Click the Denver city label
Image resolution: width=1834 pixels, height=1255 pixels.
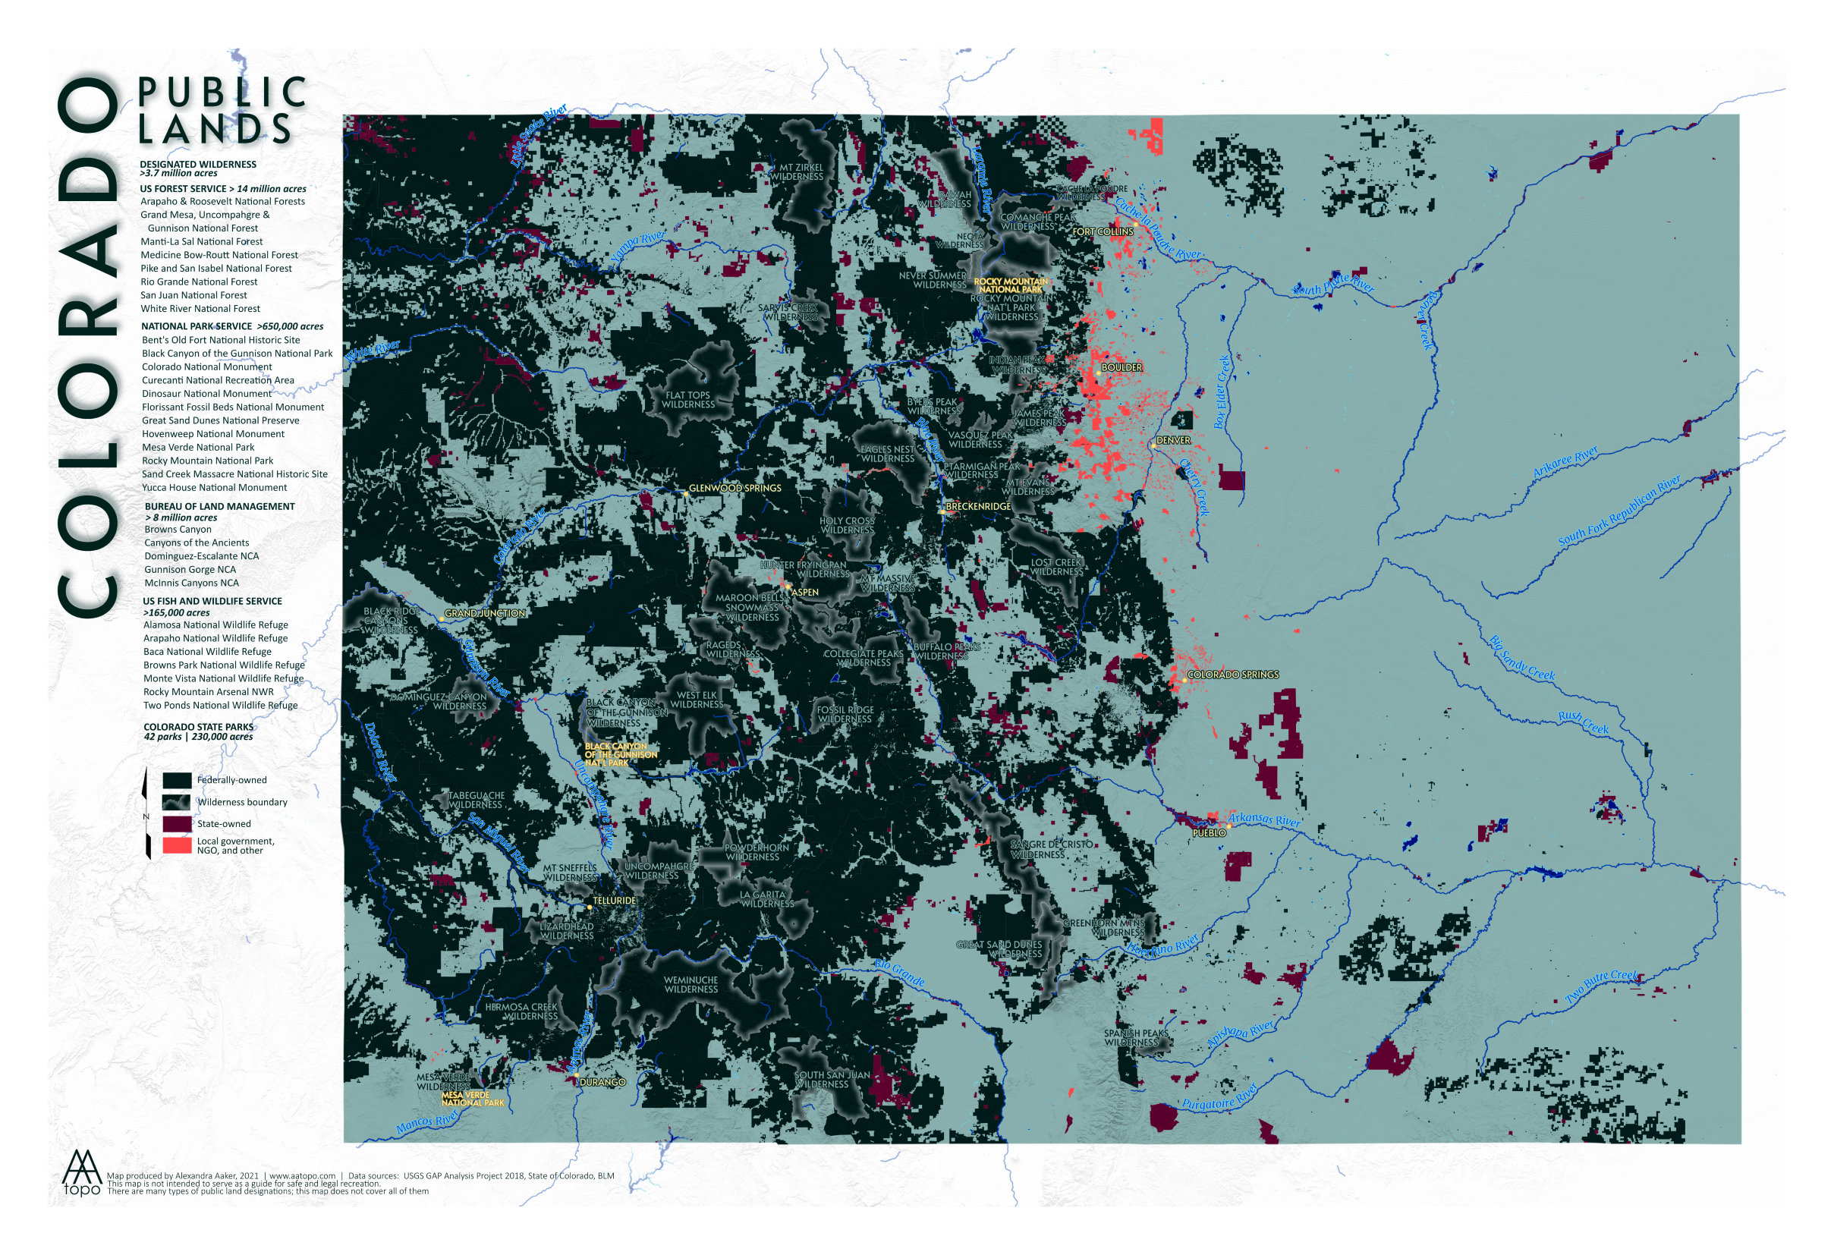tap(1172, 440)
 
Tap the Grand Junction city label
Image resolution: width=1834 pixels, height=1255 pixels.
tap(485, 613)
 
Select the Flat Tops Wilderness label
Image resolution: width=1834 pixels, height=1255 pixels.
tap(688, 400)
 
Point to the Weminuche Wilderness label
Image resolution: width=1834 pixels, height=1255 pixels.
tap(691, 984)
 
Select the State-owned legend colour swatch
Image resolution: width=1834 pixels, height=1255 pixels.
tap(177, 823)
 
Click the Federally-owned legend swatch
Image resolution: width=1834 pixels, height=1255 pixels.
tap(177, 780)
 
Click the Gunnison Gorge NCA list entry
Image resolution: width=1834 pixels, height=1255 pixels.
tap(190, 569)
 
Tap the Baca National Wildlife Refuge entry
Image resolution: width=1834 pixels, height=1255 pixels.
tap(206, 651)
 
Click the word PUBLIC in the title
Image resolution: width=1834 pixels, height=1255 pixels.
tap(222, 93)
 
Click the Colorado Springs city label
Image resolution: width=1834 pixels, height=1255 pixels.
tap(1233, 675)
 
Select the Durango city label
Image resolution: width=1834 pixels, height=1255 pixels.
tap(602, 1082)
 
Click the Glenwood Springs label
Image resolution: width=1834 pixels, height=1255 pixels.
tap(735, 488)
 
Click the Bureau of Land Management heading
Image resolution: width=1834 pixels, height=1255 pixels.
tap(219, 506)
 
